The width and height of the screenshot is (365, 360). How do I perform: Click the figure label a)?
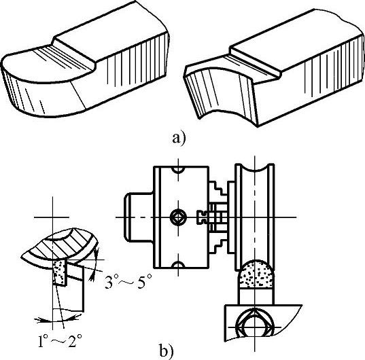pyautogui.click(x=179, y=138)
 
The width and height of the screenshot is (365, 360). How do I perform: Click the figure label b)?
pyautogui.click(x=167, y=350)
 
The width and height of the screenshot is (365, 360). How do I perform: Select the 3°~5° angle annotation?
pyautogui.click(x=128, y=281)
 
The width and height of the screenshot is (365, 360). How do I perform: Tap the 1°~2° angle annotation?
pyautogui.click(x=60, y=340)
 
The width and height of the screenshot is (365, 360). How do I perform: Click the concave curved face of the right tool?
pyautogui.click(x=218, y=93)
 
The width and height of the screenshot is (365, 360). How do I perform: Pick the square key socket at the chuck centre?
pyautogui.click(x=178, y=217)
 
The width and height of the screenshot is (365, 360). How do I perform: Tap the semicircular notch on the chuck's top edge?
pyautogui.click(x=178, y=170)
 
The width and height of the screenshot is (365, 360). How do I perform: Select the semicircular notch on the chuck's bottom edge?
pyautogui.click(x=178, y=265)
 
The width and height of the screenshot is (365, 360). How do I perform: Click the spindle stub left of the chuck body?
pyautogui.click(x=139, y=217)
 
